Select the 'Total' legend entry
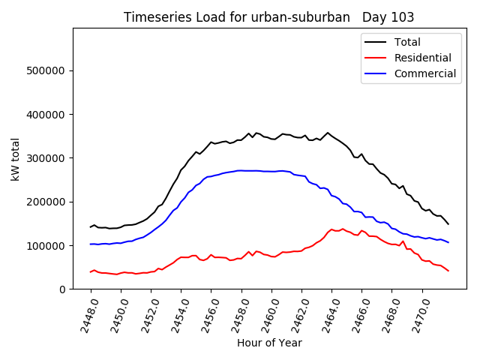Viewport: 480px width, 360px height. coord(407,42)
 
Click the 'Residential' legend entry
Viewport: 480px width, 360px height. coord(422,58)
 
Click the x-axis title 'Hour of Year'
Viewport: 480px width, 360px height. coord(269,343)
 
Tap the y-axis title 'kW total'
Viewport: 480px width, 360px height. coord(16,157)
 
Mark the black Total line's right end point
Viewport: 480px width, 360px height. coord(448,224)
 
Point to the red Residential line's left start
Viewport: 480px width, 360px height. coord(91,271)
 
